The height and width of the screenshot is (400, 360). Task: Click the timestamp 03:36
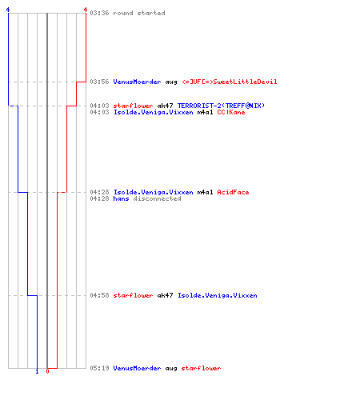click(99, 13)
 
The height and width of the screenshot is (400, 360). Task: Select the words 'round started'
click(139, 13)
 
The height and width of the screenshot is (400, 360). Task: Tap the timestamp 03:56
click(99, 82)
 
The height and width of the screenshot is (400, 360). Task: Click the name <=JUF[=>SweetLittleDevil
click(230, 82)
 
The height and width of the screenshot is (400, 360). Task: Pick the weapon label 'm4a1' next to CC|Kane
click(205, 112)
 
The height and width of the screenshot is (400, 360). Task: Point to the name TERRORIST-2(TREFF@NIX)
click(221, 106)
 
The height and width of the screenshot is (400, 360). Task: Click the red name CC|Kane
click(231, 112)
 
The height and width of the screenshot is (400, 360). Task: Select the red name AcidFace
click(233, 192)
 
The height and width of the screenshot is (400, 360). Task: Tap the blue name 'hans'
click(121, 198)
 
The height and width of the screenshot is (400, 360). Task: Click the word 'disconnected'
click(157, 198)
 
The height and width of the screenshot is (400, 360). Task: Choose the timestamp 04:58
click(99, 295)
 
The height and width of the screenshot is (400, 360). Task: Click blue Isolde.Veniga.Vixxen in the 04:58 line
click(218, 295)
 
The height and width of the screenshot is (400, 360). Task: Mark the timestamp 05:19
click(99, 368)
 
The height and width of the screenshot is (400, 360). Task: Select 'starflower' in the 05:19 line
click(201, 368)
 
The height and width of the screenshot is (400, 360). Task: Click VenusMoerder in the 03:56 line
click(137, 82)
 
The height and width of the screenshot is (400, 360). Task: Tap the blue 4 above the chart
click(8, 10)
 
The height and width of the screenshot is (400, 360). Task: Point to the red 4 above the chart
click(86, 10)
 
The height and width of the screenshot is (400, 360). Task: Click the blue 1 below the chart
click(37, 371)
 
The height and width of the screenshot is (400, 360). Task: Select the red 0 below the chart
click(47, 371)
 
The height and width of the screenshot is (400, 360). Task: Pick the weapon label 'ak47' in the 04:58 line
click(165, 295)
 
